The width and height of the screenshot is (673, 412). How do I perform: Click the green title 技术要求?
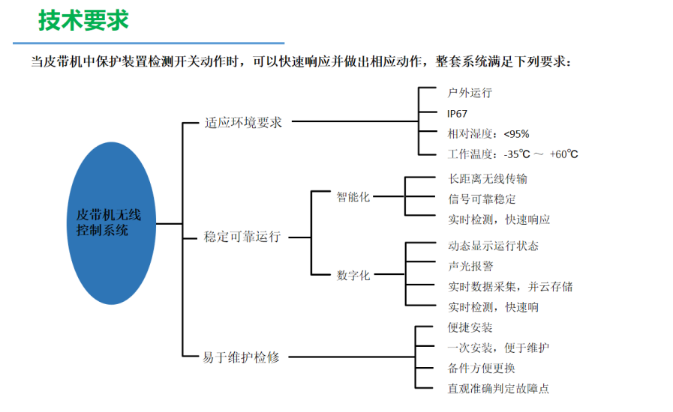[x=83, y=20]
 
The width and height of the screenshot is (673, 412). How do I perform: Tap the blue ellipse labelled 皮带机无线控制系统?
[x=111, y=223]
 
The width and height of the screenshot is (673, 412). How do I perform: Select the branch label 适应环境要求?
[x=243, y=123]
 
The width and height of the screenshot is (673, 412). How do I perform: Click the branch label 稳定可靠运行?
[x=242, y=237]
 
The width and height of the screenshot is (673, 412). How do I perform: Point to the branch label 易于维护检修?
[x=242, y=357]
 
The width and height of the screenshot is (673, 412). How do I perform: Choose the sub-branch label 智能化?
[x=353, y=197]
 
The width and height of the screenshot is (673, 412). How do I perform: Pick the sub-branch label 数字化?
[x=353, y=275]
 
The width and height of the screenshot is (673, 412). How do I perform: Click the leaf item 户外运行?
[x=470, y=93]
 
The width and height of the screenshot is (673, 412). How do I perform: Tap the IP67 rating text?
[x=457, y=114]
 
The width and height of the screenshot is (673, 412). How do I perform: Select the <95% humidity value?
[x=516, y=134]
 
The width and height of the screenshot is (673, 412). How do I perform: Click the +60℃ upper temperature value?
[x=564, y=154]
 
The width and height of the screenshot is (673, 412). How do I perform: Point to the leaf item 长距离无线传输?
[x=488, y=179]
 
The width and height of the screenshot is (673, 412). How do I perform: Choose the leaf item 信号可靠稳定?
[x=482, y=199]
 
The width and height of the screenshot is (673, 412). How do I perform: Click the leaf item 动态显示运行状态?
[x=493, y=246]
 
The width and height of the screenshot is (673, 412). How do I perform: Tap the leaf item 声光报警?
[x=470, y=266]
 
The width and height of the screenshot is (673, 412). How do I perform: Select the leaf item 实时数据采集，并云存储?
[x=510, y=286]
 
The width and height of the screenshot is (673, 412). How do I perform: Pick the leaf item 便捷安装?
[x=470, y=327]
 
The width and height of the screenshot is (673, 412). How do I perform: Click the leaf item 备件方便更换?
[x=481, y=368]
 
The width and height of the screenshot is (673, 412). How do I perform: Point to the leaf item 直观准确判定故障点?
[x=498, y=389]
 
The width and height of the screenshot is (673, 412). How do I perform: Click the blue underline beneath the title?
[x=149, y=43]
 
